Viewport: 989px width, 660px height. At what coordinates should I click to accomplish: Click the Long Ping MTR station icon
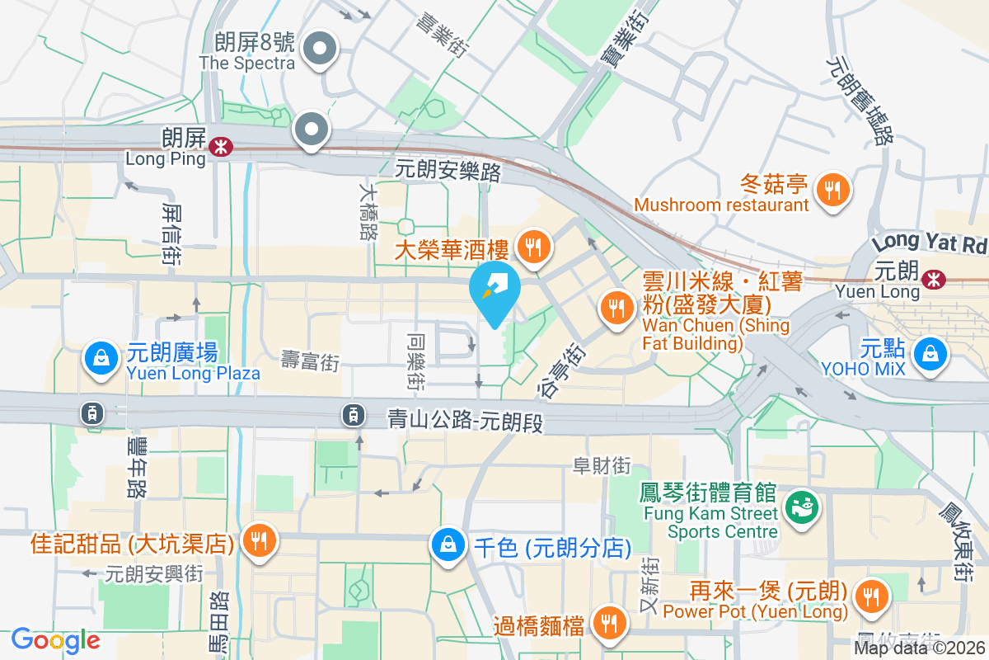click(x=220, y=148)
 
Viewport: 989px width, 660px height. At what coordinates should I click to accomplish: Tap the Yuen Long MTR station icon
click(x=934, y=280)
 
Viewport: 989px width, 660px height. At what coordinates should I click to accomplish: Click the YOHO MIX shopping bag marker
click(x=930, y=353)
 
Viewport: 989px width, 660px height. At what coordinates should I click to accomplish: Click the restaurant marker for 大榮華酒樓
click(x=533, y=245)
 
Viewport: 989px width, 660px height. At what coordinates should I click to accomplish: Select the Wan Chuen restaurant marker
click(x=616, y=308)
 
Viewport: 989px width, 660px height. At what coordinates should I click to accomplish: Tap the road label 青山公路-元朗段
click(x=466, y=422)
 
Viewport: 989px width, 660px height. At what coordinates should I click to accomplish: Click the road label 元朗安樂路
click(x=448, y=171)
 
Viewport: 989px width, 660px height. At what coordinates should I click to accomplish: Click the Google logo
click(x=55, y=640)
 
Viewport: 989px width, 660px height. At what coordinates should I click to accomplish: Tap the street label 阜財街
click(x=602, y=466)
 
